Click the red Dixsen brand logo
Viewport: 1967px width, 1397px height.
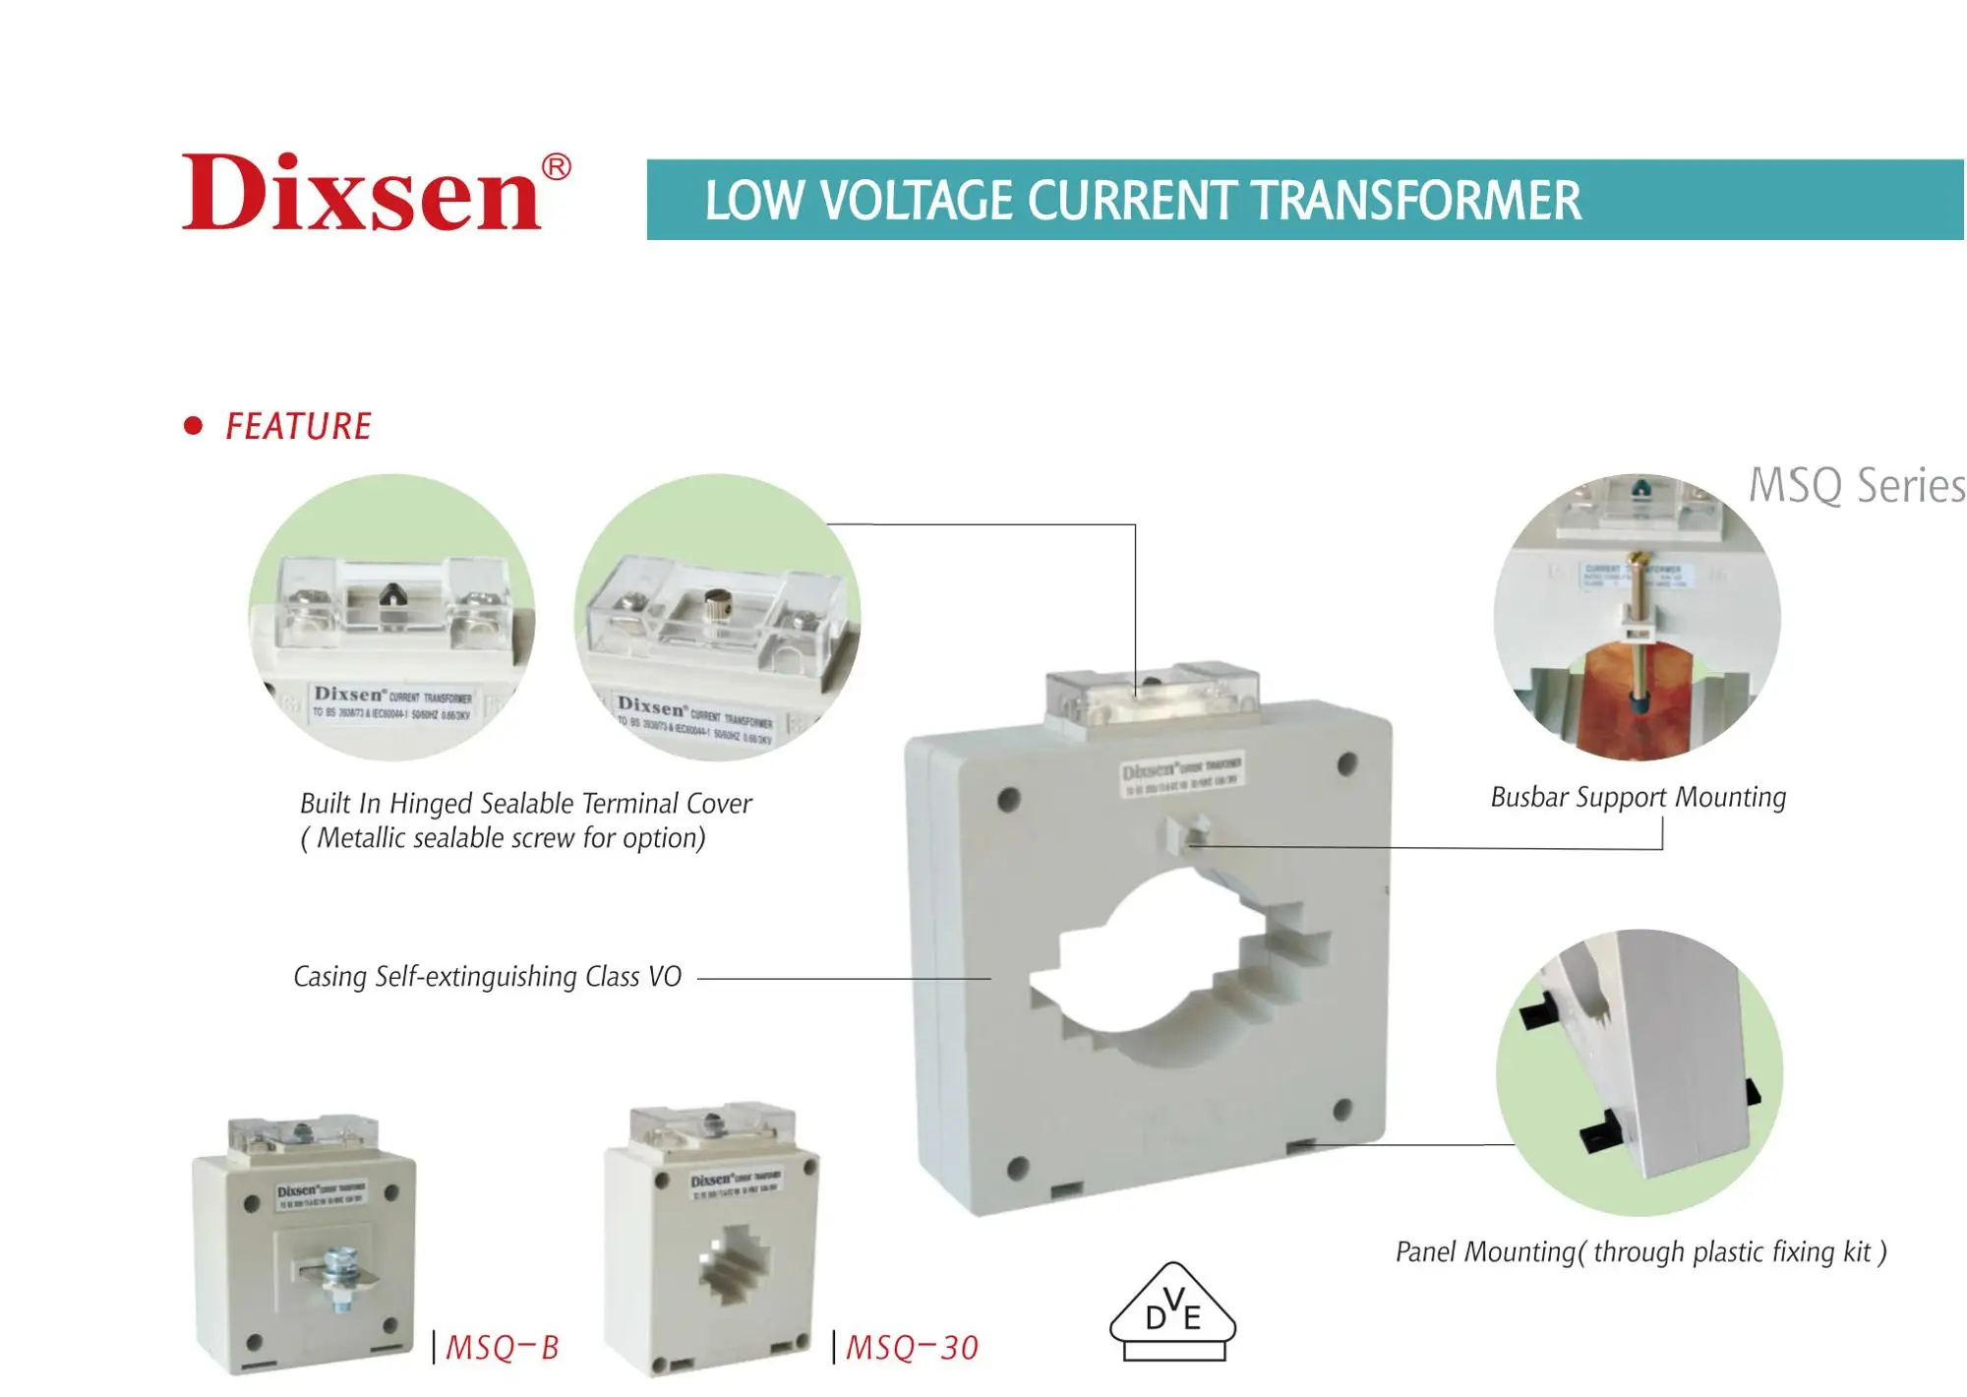[362, 193]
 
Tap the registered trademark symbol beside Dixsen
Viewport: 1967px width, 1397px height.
[556, 167]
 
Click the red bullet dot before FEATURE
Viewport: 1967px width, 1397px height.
[194, 426]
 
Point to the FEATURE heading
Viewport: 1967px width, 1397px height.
[298, 427]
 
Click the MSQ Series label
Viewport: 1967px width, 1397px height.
[1855, 486]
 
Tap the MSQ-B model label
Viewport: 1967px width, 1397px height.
[502, 1347]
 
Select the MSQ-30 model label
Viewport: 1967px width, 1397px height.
[912, 1347]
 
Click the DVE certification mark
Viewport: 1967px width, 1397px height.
[1172, 1314]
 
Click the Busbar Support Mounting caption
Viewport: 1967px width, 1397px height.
[1638, 797]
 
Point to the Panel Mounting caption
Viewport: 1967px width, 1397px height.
[1640, 1251]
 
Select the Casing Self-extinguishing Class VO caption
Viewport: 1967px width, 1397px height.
[488, 977]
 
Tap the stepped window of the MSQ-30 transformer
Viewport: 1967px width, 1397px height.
[734, 1263]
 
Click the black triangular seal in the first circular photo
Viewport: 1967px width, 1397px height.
[392, 593]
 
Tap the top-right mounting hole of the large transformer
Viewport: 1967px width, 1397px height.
[1347, 763]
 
